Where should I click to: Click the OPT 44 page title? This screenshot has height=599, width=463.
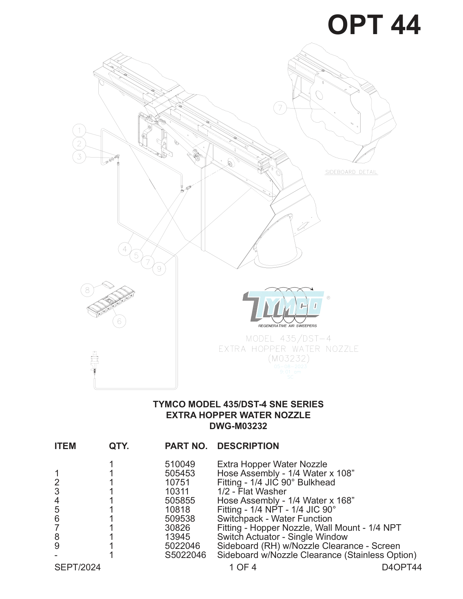[374, 25]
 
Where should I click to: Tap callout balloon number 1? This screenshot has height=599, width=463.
[79, 130]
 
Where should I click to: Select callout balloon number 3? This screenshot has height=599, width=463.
[79, 157]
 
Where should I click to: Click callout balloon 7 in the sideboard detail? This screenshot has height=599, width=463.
[280, 108]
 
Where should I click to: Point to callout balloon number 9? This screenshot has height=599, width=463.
[159, 269]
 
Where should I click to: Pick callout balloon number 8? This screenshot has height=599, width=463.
[87, 290]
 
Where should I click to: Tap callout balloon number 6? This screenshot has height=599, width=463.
[119, 321]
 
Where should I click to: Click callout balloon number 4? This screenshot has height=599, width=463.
[125, 249]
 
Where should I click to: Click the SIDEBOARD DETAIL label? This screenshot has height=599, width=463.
[351, 172]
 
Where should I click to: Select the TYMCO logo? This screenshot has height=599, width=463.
[284, 307]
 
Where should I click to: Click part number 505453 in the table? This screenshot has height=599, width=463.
[180, 473]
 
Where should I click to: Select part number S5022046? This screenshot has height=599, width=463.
[185, 555]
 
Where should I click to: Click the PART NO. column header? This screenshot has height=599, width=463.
[186, 446]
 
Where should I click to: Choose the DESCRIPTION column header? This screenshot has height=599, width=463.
[248, 446]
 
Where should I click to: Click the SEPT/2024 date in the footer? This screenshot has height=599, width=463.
[77, 567]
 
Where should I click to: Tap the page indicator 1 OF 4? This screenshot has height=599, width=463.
[243, 567]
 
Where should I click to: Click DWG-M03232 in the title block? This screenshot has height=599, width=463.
[238, 426]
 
